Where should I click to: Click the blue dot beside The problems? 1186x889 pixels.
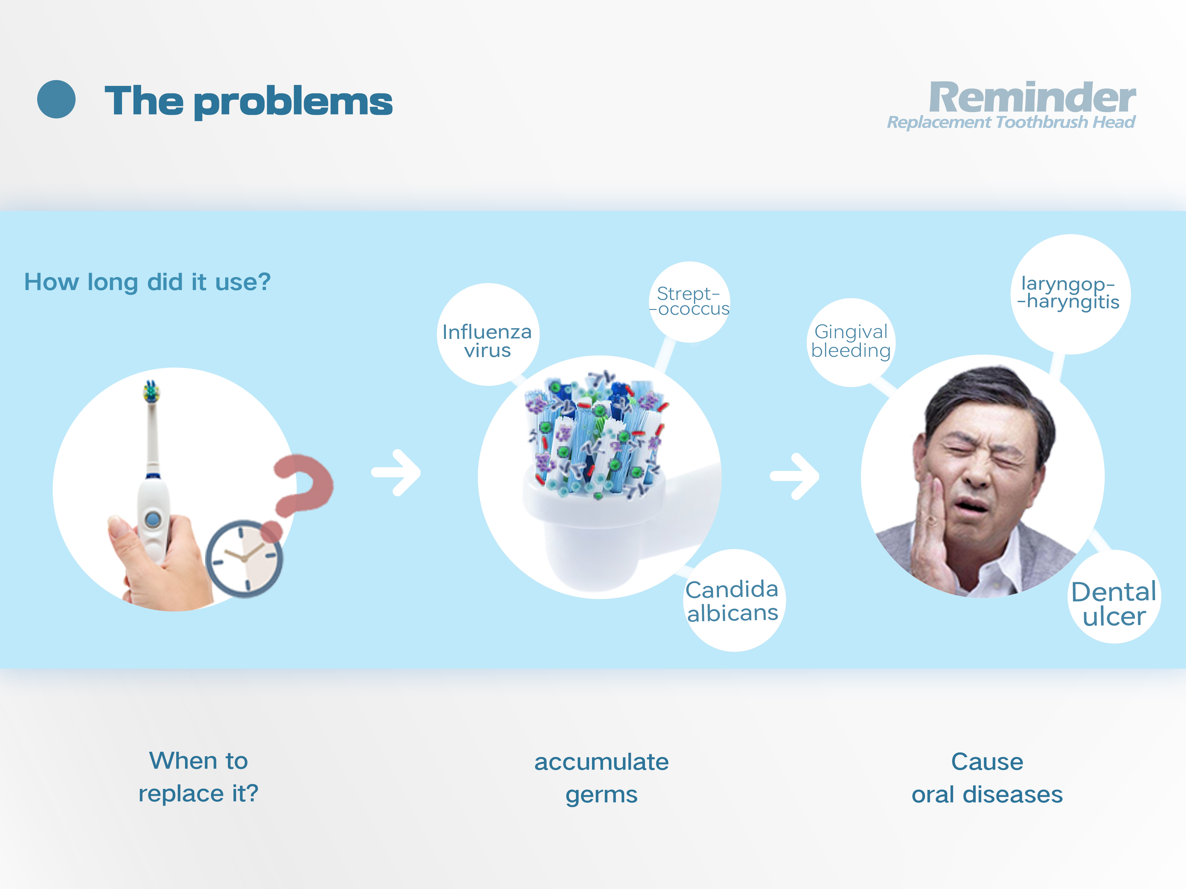point(56,99)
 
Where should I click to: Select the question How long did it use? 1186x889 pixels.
point(147,282)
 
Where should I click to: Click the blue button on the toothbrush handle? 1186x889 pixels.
point(153,519)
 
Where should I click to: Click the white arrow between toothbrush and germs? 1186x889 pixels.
point(397,473)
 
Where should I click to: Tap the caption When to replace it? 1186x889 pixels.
point(198,777)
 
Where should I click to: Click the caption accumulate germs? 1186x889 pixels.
point(602,778)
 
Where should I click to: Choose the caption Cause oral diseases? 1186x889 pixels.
point(987,778)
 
